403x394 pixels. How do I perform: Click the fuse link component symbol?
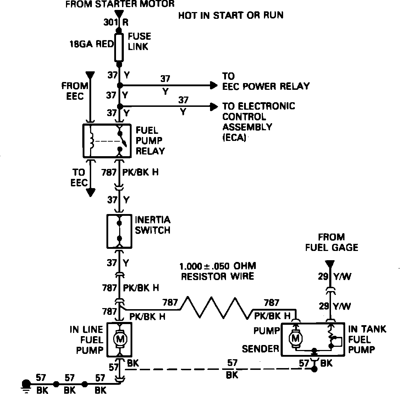[x=120, y=48]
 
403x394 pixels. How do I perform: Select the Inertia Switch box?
[x=120, y=231]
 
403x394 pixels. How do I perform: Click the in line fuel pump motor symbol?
[x=120, y=339]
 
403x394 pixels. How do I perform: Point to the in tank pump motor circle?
[x=295, y=339]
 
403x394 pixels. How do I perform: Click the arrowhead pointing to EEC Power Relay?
[x=213, y=86]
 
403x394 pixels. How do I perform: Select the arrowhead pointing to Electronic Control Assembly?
[x=213, y=106]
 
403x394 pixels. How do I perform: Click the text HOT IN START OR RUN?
[x=231, y=16]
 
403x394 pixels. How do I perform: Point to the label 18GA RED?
[x=92, y=44]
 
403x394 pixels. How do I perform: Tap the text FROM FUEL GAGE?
[x=331, y=242]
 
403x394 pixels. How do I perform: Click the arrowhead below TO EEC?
[x=91, y=192]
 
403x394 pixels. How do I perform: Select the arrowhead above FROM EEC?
[x=91, y=75]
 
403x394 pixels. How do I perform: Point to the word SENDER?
[x=261, y=349]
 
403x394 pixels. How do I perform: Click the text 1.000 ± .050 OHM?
[x=218, y=266]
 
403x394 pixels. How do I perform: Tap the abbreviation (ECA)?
[x=234, y=138]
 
